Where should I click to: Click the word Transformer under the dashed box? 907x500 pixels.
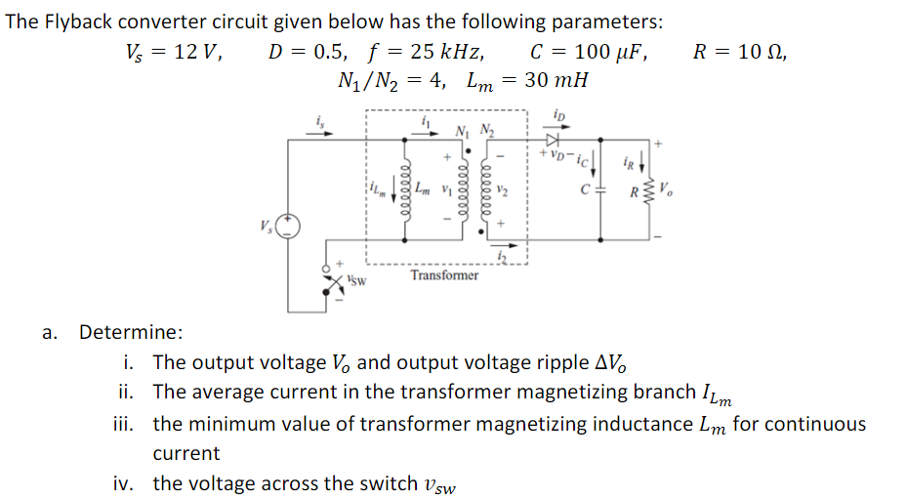pos(444,275)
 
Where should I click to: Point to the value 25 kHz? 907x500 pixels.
pos(448,52)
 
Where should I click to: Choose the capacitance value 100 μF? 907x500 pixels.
pos(610,52)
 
